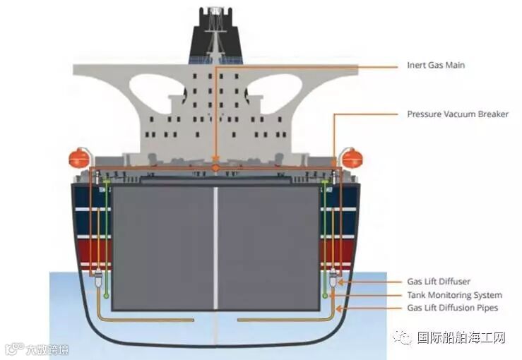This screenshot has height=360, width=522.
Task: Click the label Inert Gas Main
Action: click(x=436, y=66)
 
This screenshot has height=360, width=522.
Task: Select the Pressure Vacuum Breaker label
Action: click(x=458, y=114)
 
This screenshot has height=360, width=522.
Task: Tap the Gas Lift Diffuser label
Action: click(x=439, y=282)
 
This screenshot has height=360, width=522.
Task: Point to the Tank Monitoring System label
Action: click(x=454, y=295)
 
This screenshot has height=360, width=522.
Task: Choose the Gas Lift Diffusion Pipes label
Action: click(x=452, y=308)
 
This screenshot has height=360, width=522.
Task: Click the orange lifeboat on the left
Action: click(x=79, y=159)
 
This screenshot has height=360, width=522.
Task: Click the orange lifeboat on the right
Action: click(x=351, y=159)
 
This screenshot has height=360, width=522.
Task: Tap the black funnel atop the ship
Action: click(x=215, y=35)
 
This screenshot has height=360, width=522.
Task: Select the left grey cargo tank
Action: click(x=163, y=247)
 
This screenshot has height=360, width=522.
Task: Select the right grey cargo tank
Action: click(x=268, y=247)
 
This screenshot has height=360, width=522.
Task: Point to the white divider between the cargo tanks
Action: click(x=215, y=247)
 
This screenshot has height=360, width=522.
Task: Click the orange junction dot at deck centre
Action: click(x=215, y=168)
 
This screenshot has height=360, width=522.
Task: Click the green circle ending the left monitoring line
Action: click(x=107, y=296)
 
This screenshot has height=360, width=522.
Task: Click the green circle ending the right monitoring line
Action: click(x=324, y=296)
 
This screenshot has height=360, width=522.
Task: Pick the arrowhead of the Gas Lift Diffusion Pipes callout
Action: click(x=339, y=308)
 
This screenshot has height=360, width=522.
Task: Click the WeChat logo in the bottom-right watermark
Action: click(x=404, y=338)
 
